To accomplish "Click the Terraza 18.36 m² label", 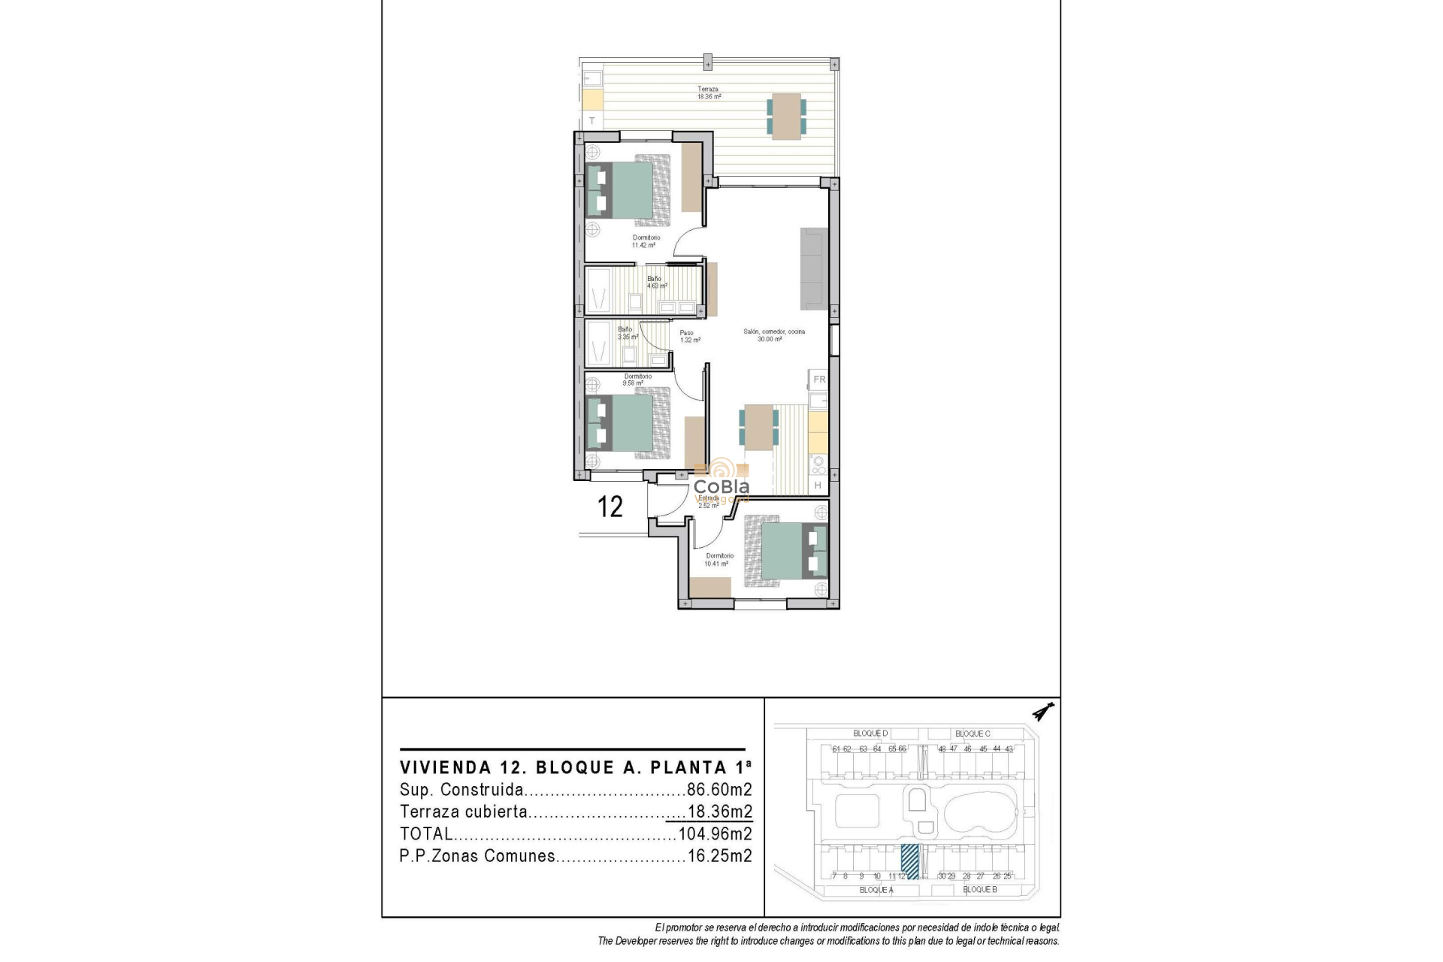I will click(708, 93).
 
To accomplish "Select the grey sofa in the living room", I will click(814, 269).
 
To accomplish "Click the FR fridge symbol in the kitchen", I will click(818, 380).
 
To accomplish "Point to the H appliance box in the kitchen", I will click(818, 486).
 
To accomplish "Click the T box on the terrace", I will click(592, 121).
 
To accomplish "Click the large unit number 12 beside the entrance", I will click(610, 507).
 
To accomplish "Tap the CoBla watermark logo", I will click(721, 481).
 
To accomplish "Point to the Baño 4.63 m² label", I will click(657, 282).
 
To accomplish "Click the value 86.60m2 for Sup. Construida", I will click(719, 790).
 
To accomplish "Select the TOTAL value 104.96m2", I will click(715, 833).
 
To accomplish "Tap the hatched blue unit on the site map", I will click(909, 861).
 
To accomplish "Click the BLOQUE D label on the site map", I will click(870, 734).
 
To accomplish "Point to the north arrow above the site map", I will click(1043, 711).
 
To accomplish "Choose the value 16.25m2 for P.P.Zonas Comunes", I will click(719, 856).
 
